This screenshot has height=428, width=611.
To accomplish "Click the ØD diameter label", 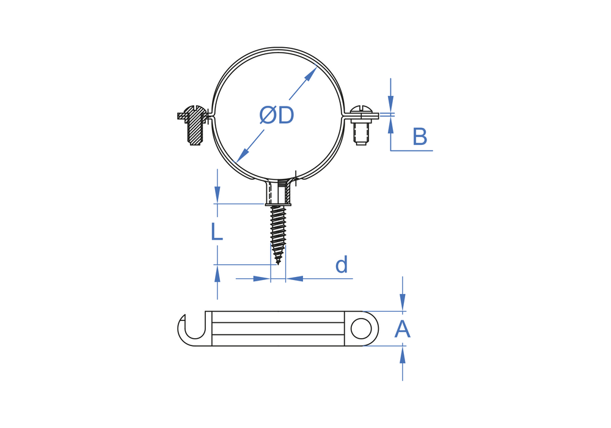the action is point(277,116).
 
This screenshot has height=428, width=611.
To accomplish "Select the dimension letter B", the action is point(420,137).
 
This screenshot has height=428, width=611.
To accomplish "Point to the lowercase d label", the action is point(342,265).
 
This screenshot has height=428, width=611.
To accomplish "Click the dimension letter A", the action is point(403,330).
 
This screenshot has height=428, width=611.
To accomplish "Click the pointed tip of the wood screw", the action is point(278,264).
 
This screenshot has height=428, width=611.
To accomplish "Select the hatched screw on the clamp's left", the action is point(194,125).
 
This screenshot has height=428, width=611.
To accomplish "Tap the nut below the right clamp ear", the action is point(361,133).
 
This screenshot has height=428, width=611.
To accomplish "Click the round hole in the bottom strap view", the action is point(361,328).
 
